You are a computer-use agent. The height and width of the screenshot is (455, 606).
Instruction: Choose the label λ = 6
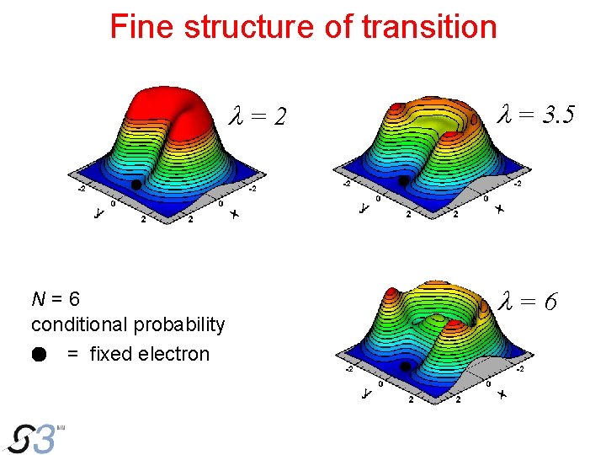(x=527, y=300)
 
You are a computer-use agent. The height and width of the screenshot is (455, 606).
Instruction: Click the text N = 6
(x=56, y=299)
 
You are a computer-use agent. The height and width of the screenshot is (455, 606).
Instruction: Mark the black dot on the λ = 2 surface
(x=136, y=185)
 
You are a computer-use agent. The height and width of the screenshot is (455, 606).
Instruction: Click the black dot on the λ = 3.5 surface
(x=404, y=180)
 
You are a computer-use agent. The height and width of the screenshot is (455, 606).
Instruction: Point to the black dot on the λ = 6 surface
(x=405, y=367)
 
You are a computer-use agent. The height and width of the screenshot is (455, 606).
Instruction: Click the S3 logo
(x=35, y=437)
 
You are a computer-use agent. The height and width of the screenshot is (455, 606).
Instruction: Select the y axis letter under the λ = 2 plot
(x=98, y=215)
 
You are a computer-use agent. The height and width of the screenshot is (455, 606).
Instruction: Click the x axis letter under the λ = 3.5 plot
(x=500, y=209)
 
